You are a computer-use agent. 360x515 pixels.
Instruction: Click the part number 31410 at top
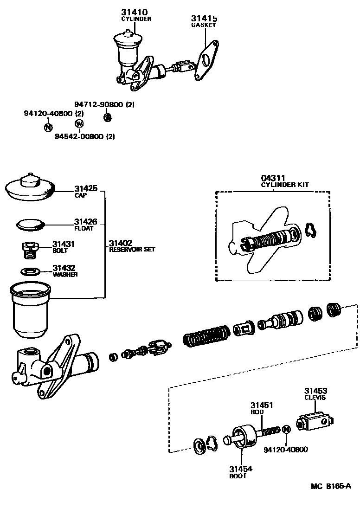pyautogui.click(x=135, y=13)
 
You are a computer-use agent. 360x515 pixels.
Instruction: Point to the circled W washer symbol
pyautogui.click(x=79, y=123)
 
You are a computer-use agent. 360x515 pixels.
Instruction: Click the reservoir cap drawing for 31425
pyautogui.click(x=31, y=188)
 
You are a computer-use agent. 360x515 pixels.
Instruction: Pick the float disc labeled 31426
pyautogui.click(x=31, y=225)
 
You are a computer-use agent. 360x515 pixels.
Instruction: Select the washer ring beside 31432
pyautogui.click(x=31, y=271)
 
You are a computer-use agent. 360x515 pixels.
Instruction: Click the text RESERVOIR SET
pyautogui.click(x=132, y=250)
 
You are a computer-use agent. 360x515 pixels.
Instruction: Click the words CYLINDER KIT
pyautogui.click(x=285, y=185)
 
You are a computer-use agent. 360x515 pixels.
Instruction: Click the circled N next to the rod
pyautogui.click(x=286, y=430)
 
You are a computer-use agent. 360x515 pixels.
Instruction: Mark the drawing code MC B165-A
pyautogui.click(x=331, y=486)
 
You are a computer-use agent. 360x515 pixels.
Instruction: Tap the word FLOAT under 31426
pyautogui.click(x=84, y=228)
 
